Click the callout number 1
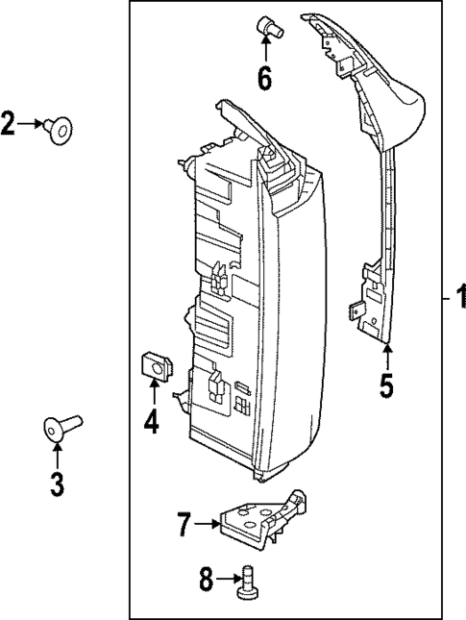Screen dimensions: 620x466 (x=458, y=302)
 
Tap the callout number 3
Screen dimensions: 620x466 (x=56, y=484)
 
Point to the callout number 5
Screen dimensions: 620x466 (x=385, y=385)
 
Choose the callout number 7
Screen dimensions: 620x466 (x=184, y=525)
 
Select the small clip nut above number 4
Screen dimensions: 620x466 (x=154, y=365)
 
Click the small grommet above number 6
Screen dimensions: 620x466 (x=266, y=28)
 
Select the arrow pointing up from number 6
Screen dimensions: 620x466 (x=264, y=52)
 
